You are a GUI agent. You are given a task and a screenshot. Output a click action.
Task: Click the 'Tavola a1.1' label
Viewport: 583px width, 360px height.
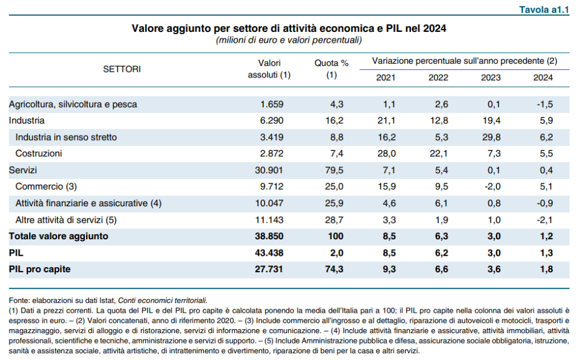tap(544, 10)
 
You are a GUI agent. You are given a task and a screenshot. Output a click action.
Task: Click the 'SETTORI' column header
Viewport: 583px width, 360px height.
tap(122, 69)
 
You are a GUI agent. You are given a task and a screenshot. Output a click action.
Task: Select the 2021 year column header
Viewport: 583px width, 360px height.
tap(385, 77)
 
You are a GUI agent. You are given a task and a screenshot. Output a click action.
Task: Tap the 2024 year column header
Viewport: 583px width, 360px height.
tap(543, 77)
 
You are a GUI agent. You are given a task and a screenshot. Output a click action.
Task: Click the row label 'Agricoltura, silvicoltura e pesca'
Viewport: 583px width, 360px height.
tap(73, 104)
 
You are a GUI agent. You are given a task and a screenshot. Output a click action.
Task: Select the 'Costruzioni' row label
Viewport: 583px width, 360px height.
tap(39, 154)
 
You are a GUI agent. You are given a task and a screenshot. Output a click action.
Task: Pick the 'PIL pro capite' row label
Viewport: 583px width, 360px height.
tap(40, 269)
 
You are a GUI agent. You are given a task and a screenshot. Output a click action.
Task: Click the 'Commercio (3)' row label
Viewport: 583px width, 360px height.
tap(46, 186)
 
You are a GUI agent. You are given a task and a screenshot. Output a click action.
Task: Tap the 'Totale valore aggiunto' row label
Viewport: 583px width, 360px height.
tap(59, 236)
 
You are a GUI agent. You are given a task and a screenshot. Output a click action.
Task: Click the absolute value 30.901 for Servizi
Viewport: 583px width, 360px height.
tap(269, 170)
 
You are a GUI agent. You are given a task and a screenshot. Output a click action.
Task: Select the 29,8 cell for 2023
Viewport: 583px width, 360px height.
tap(491, 137)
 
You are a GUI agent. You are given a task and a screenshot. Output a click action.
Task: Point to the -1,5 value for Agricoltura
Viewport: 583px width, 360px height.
tap(545, 104)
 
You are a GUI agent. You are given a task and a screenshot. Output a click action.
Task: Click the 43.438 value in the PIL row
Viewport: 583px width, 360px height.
tap(269, 253)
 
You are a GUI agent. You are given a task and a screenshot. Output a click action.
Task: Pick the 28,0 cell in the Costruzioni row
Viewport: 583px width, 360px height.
tap(387, 154)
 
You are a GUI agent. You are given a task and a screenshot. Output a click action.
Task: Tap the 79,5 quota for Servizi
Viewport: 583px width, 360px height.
tap(334, 170)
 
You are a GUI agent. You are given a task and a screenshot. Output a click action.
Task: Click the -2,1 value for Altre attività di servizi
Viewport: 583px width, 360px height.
tap(545, 220)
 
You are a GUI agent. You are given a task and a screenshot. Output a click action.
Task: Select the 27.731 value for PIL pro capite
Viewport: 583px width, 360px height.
tap(269, 269)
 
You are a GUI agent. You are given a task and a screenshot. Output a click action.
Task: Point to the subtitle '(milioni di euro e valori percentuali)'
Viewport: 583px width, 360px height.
tap(289, 40)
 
